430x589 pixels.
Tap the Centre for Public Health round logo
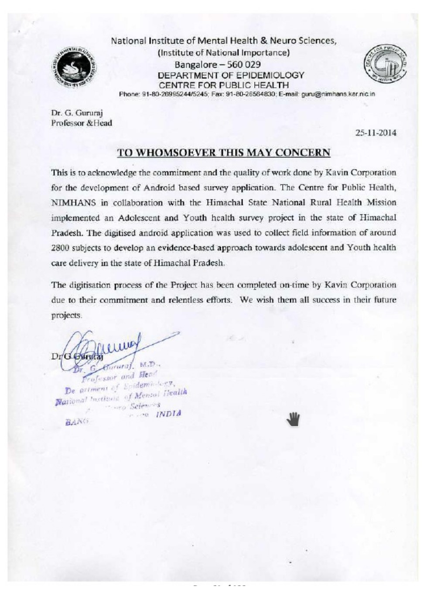[384, 64]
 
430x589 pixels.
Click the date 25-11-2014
[376, 133]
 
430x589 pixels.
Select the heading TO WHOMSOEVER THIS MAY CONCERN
[224, 153]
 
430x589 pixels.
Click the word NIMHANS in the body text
[70, 203]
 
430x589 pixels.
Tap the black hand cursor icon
[293, 419]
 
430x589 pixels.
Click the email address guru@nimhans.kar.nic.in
[338, 94]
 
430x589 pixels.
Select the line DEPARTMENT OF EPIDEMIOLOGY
[231, 75]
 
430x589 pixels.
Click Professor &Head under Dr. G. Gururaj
[82, 123]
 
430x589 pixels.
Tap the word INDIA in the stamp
[168, 413]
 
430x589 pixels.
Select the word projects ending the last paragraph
[66, 315]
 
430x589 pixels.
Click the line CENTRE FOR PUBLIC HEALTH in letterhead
[224, 85]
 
